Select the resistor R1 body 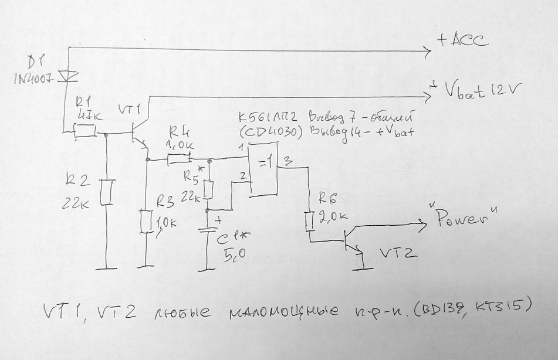click(x=84, y=133)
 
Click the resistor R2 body click(x=106, y=192)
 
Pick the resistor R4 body click(x=180, y=158)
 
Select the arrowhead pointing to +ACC click(x=426, y=52)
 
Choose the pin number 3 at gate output click(x=287, y=161)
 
